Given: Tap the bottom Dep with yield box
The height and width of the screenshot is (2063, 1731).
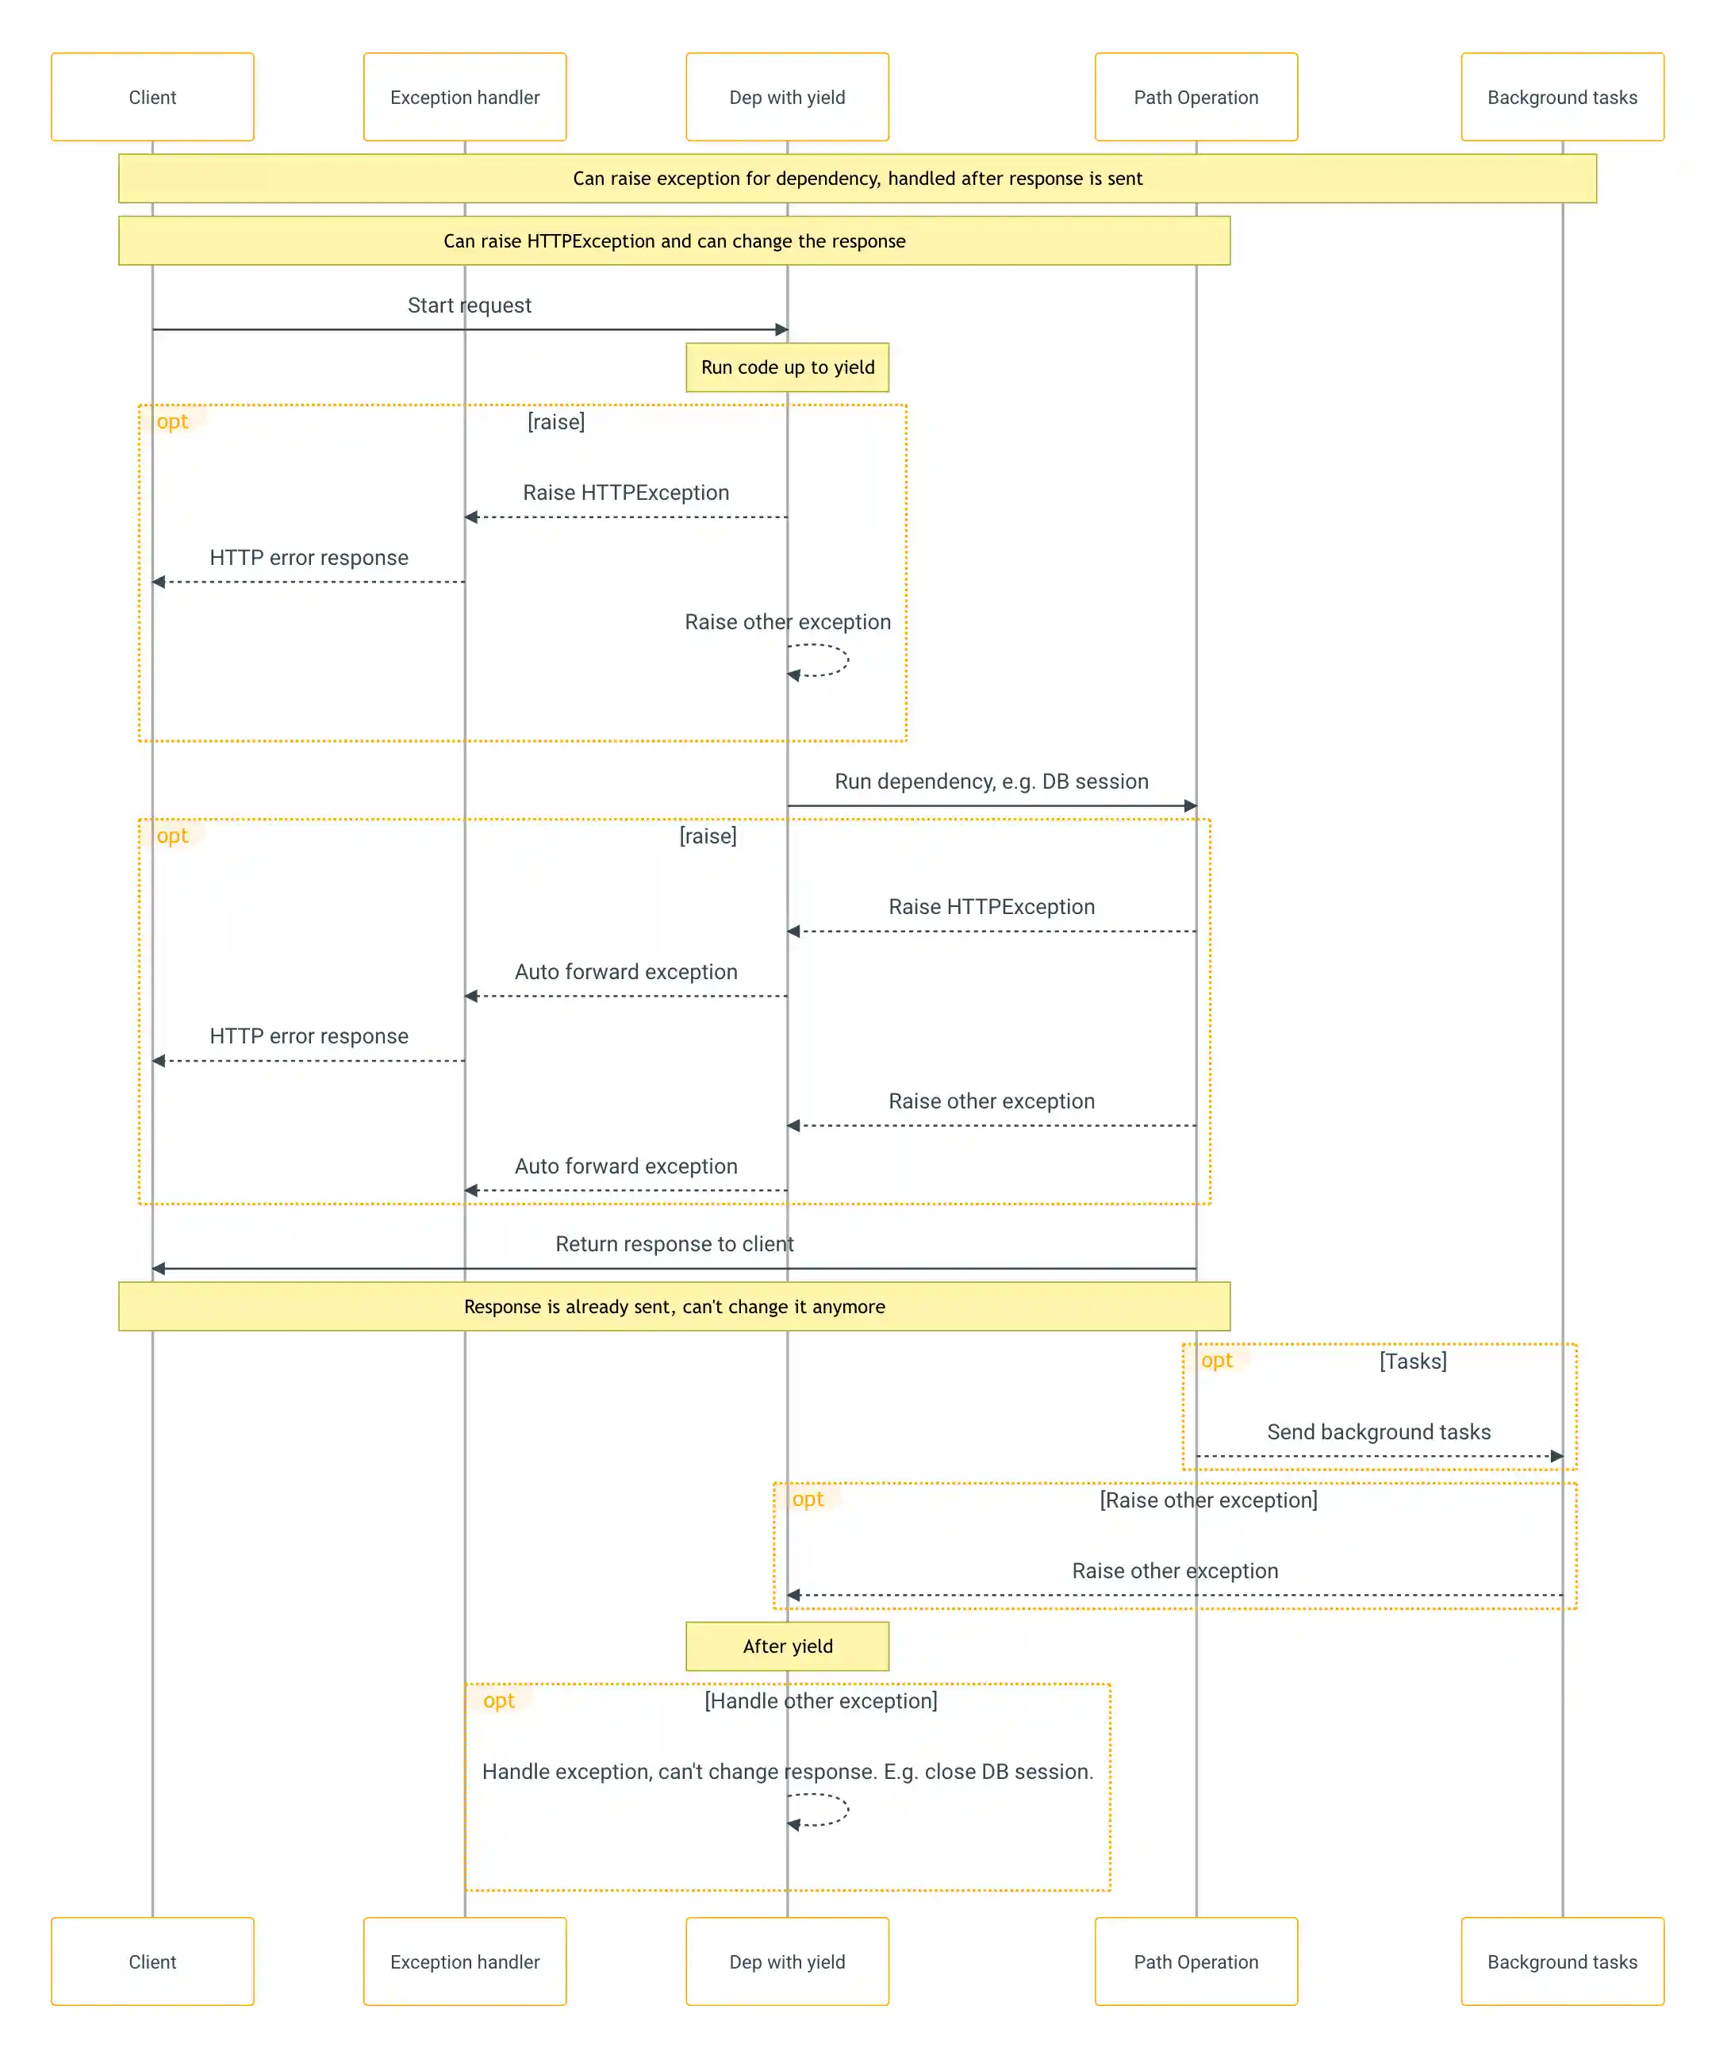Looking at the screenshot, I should (x=787, y=1961).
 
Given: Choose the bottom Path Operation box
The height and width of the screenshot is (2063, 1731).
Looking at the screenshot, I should (x=1196, y=1961).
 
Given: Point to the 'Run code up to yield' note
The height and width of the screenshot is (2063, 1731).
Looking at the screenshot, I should (x=787, y=367).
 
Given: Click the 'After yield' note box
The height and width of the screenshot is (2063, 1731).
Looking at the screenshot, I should (x=787, y=1646).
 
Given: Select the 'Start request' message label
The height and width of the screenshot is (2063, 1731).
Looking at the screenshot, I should (x=470, y=305).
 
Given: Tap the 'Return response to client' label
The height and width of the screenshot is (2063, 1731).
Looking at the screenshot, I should (x=674, y=1243).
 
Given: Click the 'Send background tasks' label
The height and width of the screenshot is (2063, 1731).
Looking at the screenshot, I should (x=1378, y=1431).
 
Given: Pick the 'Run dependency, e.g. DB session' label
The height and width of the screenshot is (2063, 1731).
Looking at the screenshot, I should (x=992, y=781).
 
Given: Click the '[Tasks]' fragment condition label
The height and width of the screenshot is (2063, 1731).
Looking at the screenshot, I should (x=1413, y=1361).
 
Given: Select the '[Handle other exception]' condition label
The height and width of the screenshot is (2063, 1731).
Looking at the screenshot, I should (x=820, y=1700).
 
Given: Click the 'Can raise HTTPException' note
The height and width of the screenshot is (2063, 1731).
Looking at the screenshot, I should (x=674, y=240).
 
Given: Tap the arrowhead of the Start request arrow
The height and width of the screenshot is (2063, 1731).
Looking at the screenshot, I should (x=782, y=330).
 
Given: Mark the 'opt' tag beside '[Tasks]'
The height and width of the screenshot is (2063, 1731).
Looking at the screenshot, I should (x=1216, y=1361).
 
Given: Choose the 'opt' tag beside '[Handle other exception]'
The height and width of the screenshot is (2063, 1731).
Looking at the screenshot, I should (x=498, y=1700).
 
